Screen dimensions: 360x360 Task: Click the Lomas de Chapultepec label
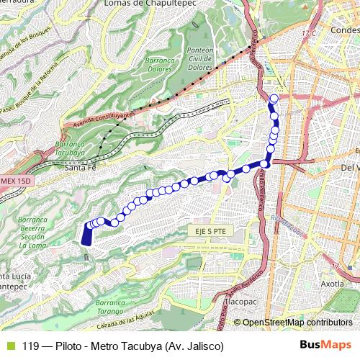click(x=150, y=4)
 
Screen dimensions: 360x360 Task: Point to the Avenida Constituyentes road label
click(x=104, y=120)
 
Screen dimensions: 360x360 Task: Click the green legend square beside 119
click(x=9, y=346)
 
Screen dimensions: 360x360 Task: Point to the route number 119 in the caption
click(x=30, y=346)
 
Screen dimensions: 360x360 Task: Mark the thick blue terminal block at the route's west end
click(x=87, y=234)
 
